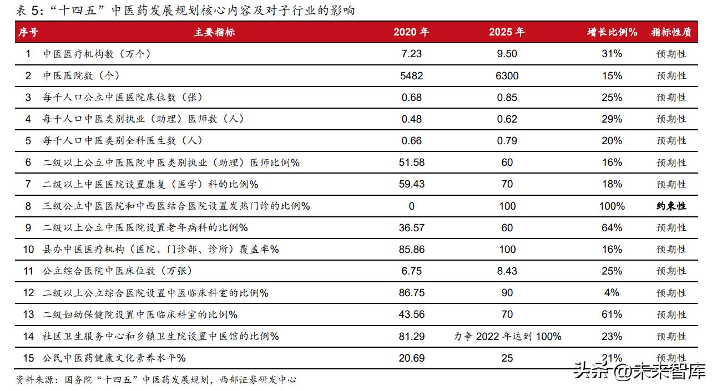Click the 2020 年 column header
click(x=411, y=32)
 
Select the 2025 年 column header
click(x=507, y=32)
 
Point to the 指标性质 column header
click(x=671, y=32)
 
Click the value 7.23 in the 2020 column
click(x=411, y=54)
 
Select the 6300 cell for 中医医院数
click(x=507, y=75)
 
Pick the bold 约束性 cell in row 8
click(x=671, y=206)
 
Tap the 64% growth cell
click(x=612, y=227)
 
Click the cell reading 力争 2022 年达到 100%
click(x=507, y=336)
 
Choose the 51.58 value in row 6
click(x=411, y=163)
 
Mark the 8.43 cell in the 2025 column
click(x=507, y=271)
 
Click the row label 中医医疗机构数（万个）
click(x=97, y=54)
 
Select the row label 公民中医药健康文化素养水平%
click(x=114, y=358)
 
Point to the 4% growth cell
click(x=612, y=293)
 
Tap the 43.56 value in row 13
click(x=411, y=314)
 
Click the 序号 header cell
click(x=28, y=32)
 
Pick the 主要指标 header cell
click(x=214, y=32)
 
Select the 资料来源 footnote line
click(x=155, y=380)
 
